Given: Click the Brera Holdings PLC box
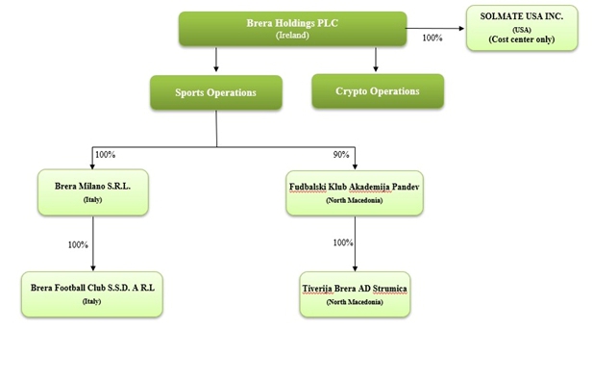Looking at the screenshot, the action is coord(292,29).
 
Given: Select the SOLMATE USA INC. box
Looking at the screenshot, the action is coord(522,28).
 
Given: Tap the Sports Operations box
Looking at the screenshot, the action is coord(216,92).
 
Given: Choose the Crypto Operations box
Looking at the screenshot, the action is coord(378,90).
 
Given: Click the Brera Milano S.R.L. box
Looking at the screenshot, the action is coord(93,192).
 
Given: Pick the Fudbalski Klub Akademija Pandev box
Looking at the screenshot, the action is coord(355,193).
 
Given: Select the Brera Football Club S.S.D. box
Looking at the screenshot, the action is coord(92,294).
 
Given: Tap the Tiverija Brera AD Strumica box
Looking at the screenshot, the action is coord(355,294).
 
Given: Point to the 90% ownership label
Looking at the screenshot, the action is coord(341,155).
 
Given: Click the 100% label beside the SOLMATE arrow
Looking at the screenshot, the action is coord(432,38).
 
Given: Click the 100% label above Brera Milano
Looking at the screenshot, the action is coord(105,155).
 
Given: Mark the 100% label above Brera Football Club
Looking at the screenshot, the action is coord(78,245).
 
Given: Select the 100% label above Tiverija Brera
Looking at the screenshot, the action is coord(343,242).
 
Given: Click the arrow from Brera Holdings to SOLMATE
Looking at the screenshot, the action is coord(435,29).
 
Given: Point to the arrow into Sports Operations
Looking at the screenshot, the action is coord(216,60).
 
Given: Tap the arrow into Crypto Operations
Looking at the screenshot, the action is coord(376,60).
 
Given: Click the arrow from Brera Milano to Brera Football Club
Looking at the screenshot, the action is coord(93,243).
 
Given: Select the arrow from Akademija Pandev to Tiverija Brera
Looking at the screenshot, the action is coord(355,243).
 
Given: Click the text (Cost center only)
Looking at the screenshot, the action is coord(522,39).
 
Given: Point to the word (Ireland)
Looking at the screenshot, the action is coord(292,36).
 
